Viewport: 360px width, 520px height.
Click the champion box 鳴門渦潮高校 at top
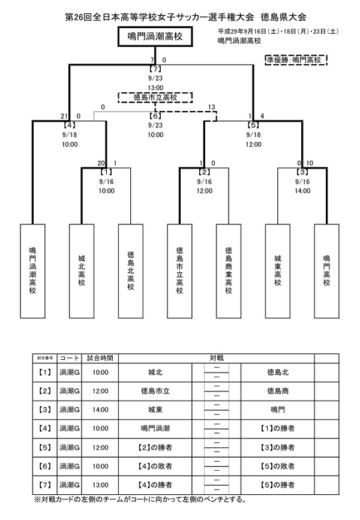point(155,36)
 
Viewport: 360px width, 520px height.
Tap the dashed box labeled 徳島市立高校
point(155,97)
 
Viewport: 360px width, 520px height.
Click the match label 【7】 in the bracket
point(155,69)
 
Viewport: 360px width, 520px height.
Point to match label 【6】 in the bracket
point(155,116)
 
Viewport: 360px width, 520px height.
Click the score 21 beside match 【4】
point(63,116)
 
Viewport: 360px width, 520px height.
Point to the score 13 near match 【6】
point(211,107)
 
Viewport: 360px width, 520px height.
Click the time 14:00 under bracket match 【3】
point(302,191)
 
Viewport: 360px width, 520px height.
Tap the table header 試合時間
point(100,357)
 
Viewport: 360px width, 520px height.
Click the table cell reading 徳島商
point(278,391)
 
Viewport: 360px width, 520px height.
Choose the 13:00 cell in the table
point(100,484)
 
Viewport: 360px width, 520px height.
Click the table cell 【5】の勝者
point(278,484)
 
